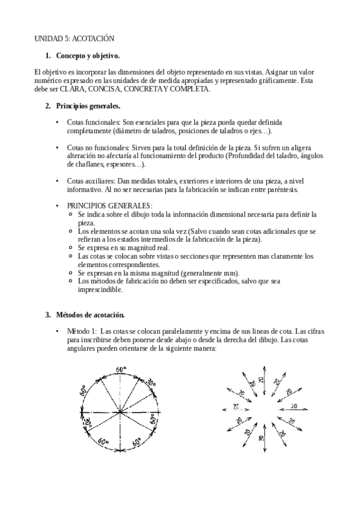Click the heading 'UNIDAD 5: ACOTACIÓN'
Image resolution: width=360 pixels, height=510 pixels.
(74, 38)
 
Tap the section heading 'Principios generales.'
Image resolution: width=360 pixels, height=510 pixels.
(88, 106)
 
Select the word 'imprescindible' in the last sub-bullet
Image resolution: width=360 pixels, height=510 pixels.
(100, 289)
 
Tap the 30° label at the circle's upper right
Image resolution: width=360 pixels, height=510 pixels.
(150, 382)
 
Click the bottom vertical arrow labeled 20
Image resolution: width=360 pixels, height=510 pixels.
(261, 438)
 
